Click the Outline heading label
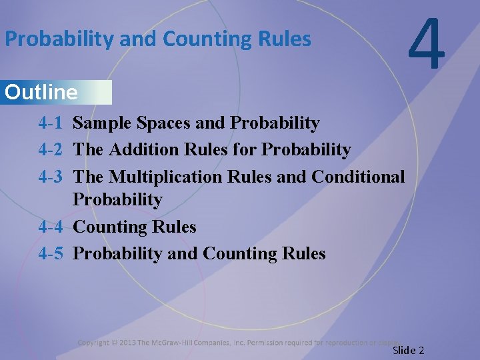point(41,92)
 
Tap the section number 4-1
point(51,123)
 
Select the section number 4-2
point(51,150)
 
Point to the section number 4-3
point(51,177)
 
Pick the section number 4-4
point(51,227)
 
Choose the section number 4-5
point(51,254)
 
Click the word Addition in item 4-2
point(143,150)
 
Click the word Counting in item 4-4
point(109,227)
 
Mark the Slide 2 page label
point(408,350)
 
